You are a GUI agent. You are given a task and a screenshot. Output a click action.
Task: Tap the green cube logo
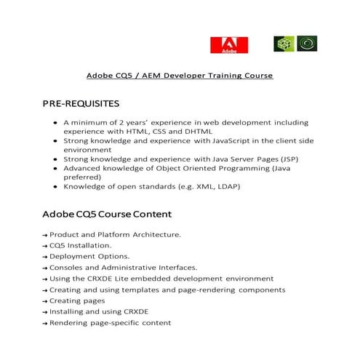click(283, 44)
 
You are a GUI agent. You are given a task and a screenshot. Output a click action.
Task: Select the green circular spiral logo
click(308, 44)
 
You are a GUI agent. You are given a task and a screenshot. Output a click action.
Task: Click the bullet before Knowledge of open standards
click(55, 186)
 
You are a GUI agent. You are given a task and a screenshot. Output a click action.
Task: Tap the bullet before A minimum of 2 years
click(55, 122)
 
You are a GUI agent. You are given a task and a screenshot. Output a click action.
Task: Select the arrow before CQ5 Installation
click(44, 246)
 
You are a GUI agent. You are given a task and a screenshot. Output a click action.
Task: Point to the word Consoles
click(67, 267)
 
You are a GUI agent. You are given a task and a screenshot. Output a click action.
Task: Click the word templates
click(141, 289)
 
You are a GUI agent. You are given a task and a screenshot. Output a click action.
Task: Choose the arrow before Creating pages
click(44, 300)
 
